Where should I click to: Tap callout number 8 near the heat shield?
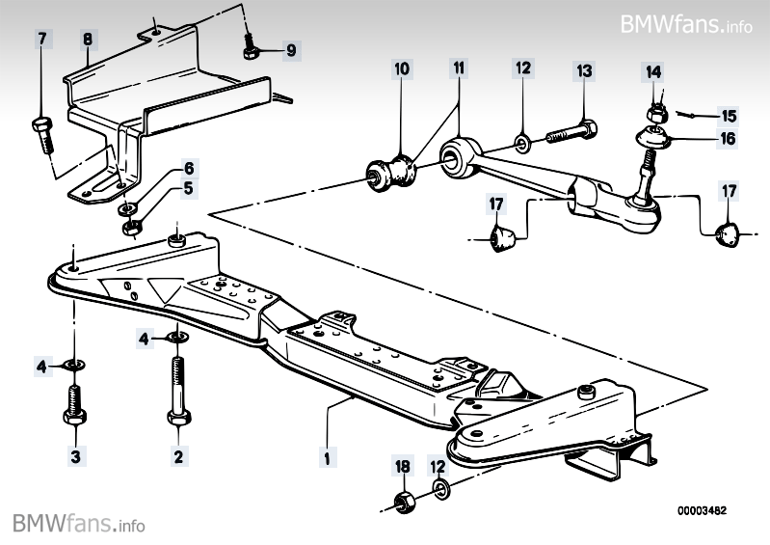click(x=87, y=40)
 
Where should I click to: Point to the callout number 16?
click(x=727, y=139)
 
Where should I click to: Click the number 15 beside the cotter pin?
click(x=728, y=114)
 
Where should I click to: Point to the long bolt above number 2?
click(x=177, y=391)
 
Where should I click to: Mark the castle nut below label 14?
click(x=654, y=113)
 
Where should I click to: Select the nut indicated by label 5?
click(x=131, y=228)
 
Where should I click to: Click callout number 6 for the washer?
click(x=189, y=167)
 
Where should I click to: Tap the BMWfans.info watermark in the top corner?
click(x=686, y=23)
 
